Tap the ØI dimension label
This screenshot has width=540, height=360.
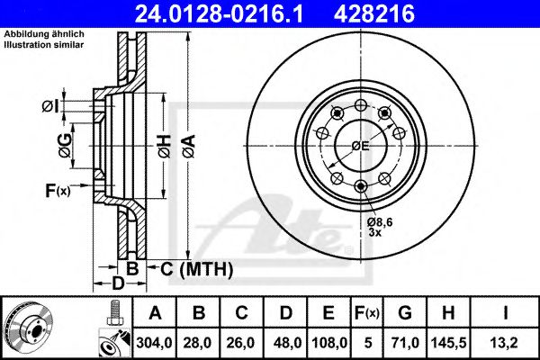tap(50, 106)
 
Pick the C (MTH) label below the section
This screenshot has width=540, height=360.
tap(197, 268)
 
